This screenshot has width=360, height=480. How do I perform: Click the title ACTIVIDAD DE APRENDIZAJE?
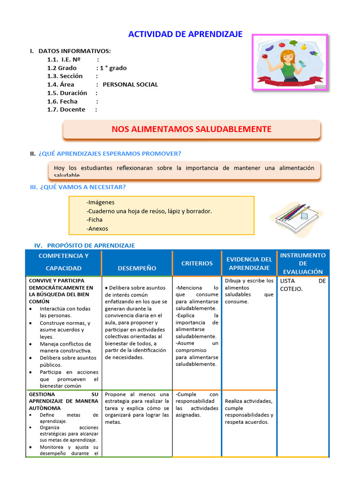tap(185, 34)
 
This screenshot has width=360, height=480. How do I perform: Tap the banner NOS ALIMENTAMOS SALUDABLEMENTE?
tap(191, 129)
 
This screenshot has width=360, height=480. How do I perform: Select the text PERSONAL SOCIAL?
tap(130, 85)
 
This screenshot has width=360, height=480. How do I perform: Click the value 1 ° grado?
tap(113, 68)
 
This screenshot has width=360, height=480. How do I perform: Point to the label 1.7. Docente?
tap(66, 110)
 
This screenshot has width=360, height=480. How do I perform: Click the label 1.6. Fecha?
tap(62, 101)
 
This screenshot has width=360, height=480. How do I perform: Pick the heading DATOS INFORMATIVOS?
tap(75, 51)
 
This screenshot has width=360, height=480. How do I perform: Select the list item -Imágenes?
tap(100, 202)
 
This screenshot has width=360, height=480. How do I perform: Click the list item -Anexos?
tap(97, 229)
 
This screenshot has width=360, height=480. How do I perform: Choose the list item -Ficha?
tap(94, 220)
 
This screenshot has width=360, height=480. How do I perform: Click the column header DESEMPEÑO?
tap(137, 268)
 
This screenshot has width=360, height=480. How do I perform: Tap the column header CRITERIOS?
tap(197, 263)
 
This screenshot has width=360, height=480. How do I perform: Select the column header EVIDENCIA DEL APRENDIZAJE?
tap(249, 263)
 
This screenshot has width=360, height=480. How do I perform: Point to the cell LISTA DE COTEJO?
tap(303, 285)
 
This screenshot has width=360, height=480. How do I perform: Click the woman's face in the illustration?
tap(287, 58)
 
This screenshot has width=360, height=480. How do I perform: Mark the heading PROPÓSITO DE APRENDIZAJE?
tap(91, 246)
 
